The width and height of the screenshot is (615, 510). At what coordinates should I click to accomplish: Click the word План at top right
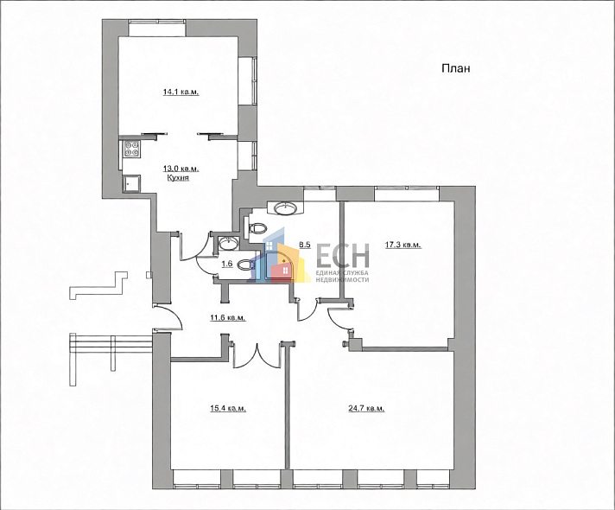[x=456, y=68]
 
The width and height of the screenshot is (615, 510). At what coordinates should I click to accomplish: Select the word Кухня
[x=178, y=178]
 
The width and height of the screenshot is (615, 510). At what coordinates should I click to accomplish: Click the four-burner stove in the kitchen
[x=132, y=150]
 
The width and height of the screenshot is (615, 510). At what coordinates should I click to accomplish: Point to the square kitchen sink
[x=132, y=182]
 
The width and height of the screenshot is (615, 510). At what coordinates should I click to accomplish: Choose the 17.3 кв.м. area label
[x=403, y=245]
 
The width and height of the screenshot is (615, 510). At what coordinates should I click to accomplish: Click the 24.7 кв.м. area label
[x=366, y=409]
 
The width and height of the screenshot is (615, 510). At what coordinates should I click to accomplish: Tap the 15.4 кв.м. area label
[x=228, y=409]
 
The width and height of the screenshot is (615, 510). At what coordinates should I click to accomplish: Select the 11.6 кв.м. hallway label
[x=228, y=317]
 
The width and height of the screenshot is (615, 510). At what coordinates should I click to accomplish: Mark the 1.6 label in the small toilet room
[x=227, y=265]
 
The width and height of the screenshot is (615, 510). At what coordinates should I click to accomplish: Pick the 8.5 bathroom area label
[x=305, y=245]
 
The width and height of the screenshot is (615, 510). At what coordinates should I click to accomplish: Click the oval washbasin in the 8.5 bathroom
[x=285, y=207]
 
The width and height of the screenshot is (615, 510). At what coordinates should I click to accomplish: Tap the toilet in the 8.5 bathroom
[x=257, y=227]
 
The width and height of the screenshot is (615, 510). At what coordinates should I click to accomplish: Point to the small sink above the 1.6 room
[x=226, y=244]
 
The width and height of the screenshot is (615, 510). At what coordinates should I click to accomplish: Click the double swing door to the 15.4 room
[x=257, y=355]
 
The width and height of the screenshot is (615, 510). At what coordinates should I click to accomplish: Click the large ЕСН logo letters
[x=343, y=256]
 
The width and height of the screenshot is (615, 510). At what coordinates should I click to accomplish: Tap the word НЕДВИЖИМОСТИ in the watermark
[x=342, y=279]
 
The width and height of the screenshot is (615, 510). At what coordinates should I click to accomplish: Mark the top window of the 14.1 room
[x=157, y=28]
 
